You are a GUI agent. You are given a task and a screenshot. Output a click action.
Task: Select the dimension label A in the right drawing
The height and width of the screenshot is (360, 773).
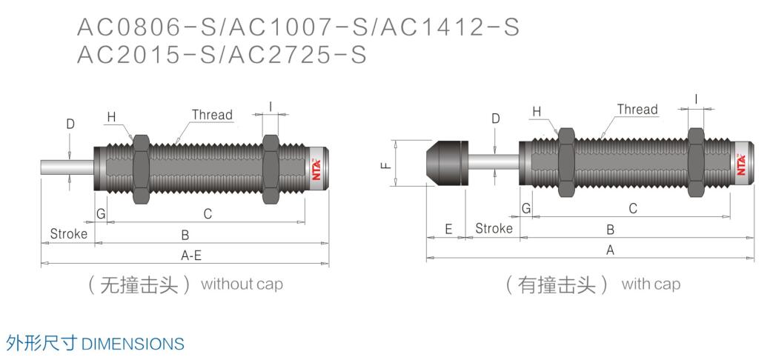coord(610,250)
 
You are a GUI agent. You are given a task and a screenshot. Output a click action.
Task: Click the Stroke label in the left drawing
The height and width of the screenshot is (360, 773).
coord(68,234)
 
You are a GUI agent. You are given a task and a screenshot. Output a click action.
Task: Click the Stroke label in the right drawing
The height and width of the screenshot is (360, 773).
coord(494,229)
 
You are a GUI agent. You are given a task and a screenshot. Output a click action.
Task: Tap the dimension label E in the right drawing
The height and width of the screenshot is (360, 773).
coord(448,230)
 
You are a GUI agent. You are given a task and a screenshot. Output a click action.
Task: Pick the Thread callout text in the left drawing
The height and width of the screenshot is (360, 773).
coord(212,115)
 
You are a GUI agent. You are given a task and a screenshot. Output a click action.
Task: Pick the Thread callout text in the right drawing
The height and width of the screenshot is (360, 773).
coord(637,110)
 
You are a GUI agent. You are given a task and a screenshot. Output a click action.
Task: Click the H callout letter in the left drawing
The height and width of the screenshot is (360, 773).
coord(111,116)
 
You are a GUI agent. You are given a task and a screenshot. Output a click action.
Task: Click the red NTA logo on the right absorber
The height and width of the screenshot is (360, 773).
coord(740,162)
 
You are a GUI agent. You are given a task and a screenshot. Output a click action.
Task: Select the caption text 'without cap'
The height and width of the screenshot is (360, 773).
coord(242,284)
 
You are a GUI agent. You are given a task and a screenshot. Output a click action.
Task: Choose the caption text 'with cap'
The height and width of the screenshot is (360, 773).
coord(650,284)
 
